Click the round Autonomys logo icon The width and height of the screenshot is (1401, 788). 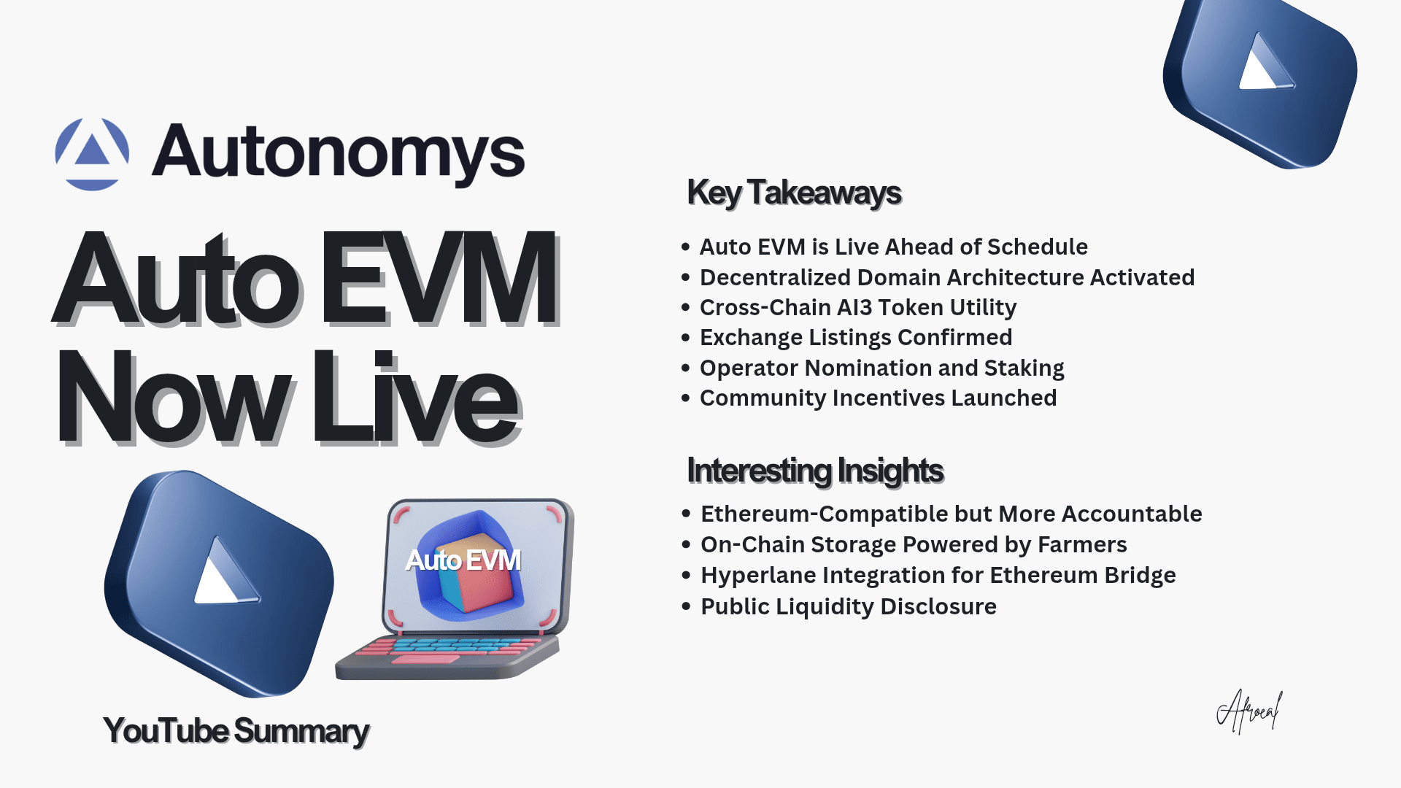tap(92, 154)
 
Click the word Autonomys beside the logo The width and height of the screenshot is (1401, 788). tap(338, 153)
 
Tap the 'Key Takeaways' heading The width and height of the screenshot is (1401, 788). tap(794, 193)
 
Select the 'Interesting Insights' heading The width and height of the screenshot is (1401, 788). tap(815, 471)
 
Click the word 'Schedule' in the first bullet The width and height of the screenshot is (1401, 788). tap(1037, 247)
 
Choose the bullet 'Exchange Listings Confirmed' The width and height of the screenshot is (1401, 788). tap(856, 337)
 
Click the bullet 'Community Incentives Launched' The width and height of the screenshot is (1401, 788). tap(878, 398)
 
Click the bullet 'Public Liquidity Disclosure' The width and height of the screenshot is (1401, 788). tap(849, 606)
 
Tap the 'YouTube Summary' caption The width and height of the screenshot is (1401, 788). tap(236, 731)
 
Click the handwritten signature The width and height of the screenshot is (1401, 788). tap(1249, 711)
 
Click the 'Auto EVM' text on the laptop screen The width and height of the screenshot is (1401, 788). tap(463, 560)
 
